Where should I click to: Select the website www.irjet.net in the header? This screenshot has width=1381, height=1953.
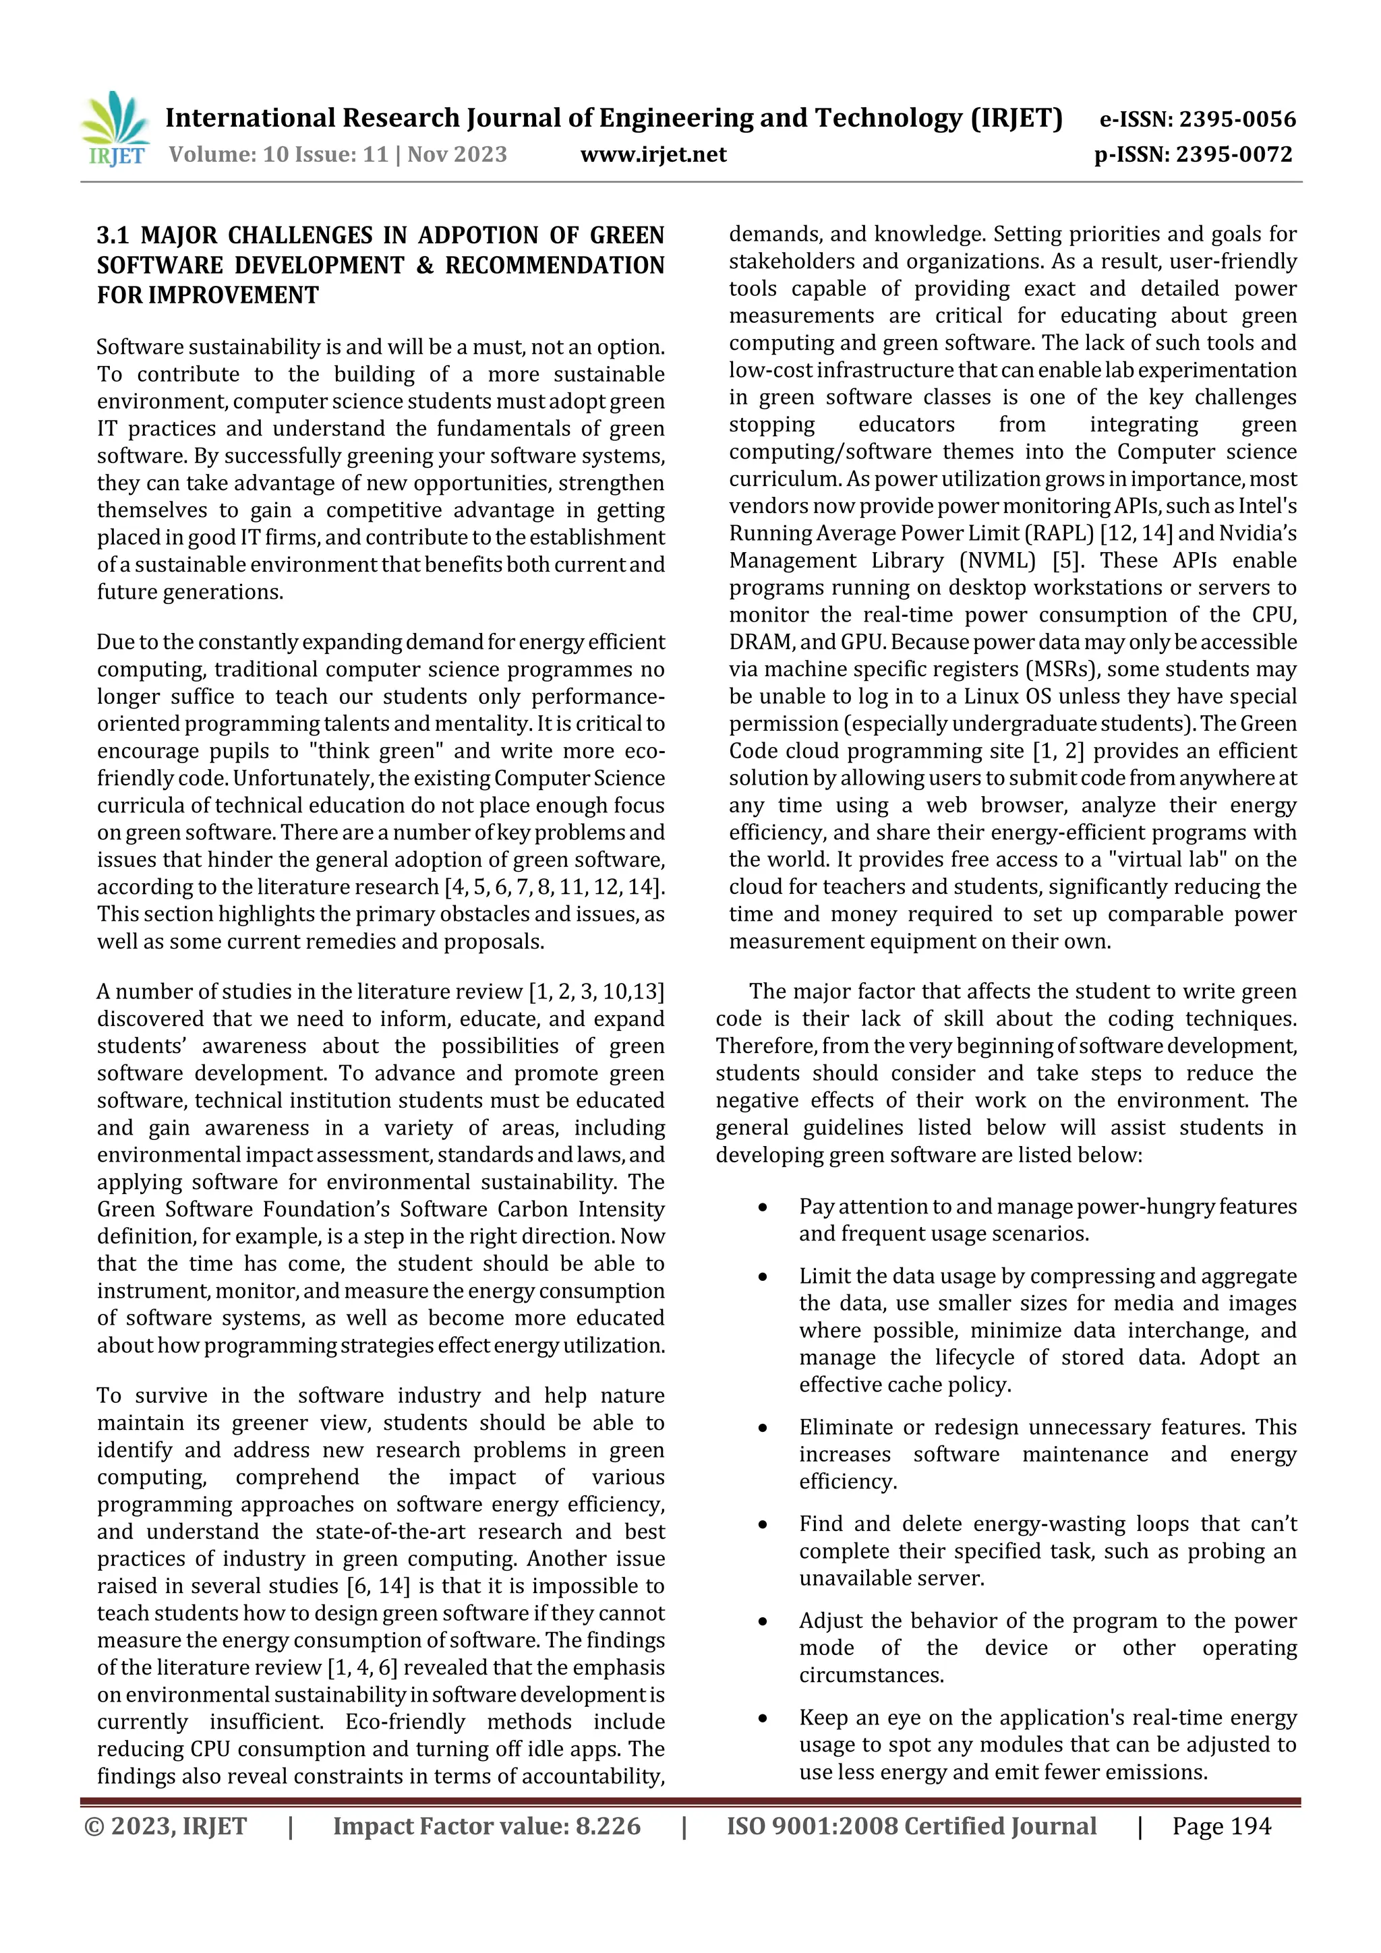point(653,154)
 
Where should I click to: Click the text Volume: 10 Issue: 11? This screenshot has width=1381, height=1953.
point(278,154)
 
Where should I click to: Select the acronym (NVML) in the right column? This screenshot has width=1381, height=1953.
point(997,560)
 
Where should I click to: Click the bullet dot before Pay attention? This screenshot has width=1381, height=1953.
point(763,1208)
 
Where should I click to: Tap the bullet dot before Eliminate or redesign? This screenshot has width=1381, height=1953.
point(763,1428)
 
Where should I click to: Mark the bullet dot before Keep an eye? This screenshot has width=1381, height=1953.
point(763,1719)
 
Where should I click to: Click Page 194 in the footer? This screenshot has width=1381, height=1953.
point(1221,1826)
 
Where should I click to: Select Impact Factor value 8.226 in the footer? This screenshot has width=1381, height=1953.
point(487,1826)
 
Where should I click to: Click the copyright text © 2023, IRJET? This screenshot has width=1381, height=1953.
point(166,1826)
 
